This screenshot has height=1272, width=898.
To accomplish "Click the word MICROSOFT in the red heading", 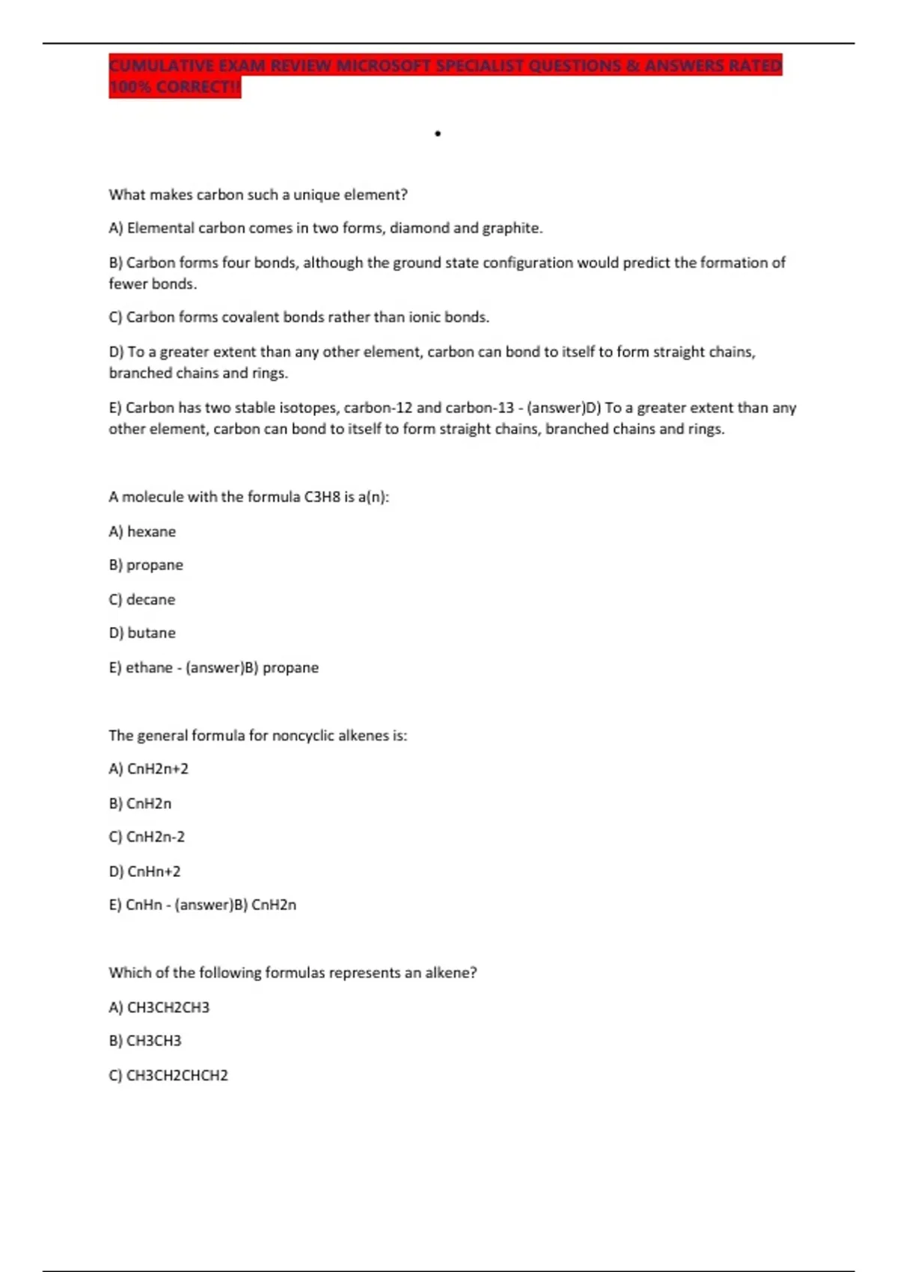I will pos(384,66).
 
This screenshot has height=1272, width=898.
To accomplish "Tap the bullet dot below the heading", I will pos(438,134).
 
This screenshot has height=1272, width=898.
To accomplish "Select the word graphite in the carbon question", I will pos(512,228).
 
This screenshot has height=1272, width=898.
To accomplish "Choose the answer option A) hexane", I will pos(142,531).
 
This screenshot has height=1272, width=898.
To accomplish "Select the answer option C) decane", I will pos(142,599).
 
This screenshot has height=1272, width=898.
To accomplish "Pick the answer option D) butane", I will pos(142,633).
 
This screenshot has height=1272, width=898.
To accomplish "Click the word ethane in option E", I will pos(149,667).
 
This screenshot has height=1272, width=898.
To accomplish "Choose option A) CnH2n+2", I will pos(148,769).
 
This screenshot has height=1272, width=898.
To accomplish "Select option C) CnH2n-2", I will pos(147,837).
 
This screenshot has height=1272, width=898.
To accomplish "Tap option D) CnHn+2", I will pos(144,872).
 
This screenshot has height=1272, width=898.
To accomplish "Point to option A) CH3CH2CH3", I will pos(159,1008).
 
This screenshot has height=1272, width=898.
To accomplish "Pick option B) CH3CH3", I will pos(145,1041).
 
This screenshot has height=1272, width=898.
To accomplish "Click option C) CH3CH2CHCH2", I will pos(168,1076).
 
